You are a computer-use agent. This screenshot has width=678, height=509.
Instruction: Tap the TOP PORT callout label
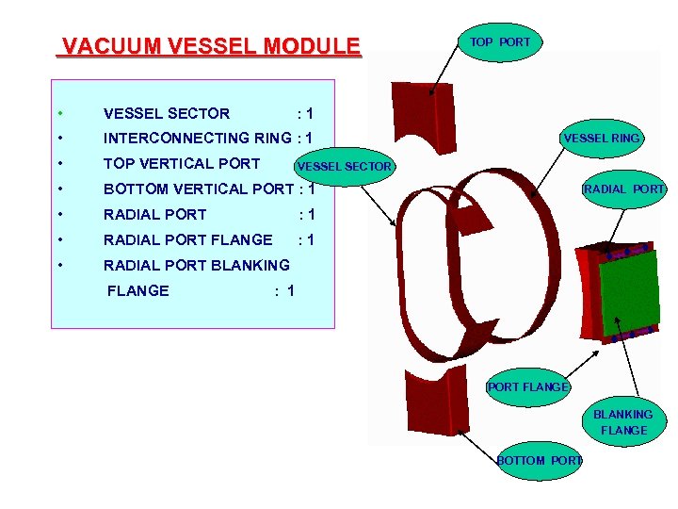[500, 42]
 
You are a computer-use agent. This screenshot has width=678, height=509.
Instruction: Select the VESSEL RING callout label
[602, 139]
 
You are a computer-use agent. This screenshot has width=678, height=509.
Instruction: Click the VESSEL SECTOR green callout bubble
[343, 167]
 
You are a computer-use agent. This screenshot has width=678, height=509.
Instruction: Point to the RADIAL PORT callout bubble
[623, 189]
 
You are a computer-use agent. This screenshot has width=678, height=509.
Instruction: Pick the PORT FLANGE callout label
[527, 386]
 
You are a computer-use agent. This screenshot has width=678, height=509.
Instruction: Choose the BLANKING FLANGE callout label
[623, 422]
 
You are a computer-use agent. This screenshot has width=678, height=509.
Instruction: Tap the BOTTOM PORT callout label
[540, 460]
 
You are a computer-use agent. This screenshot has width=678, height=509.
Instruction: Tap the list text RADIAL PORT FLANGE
[187, 239]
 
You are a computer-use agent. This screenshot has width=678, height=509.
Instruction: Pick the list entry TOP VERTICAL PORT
[182, 163]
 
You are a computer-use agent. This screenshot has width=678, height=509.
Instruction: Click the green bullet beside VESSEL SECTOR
[59, 114]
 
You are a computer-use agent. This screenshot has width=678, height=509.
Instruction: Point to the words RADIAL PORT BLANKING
[196, 265]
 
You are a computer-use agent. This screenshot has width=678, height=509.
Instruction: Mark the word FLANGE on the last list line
[138, 290]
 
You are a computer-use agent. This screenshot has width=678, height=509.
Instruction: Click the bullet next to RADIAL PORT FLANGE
[59, 239]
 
